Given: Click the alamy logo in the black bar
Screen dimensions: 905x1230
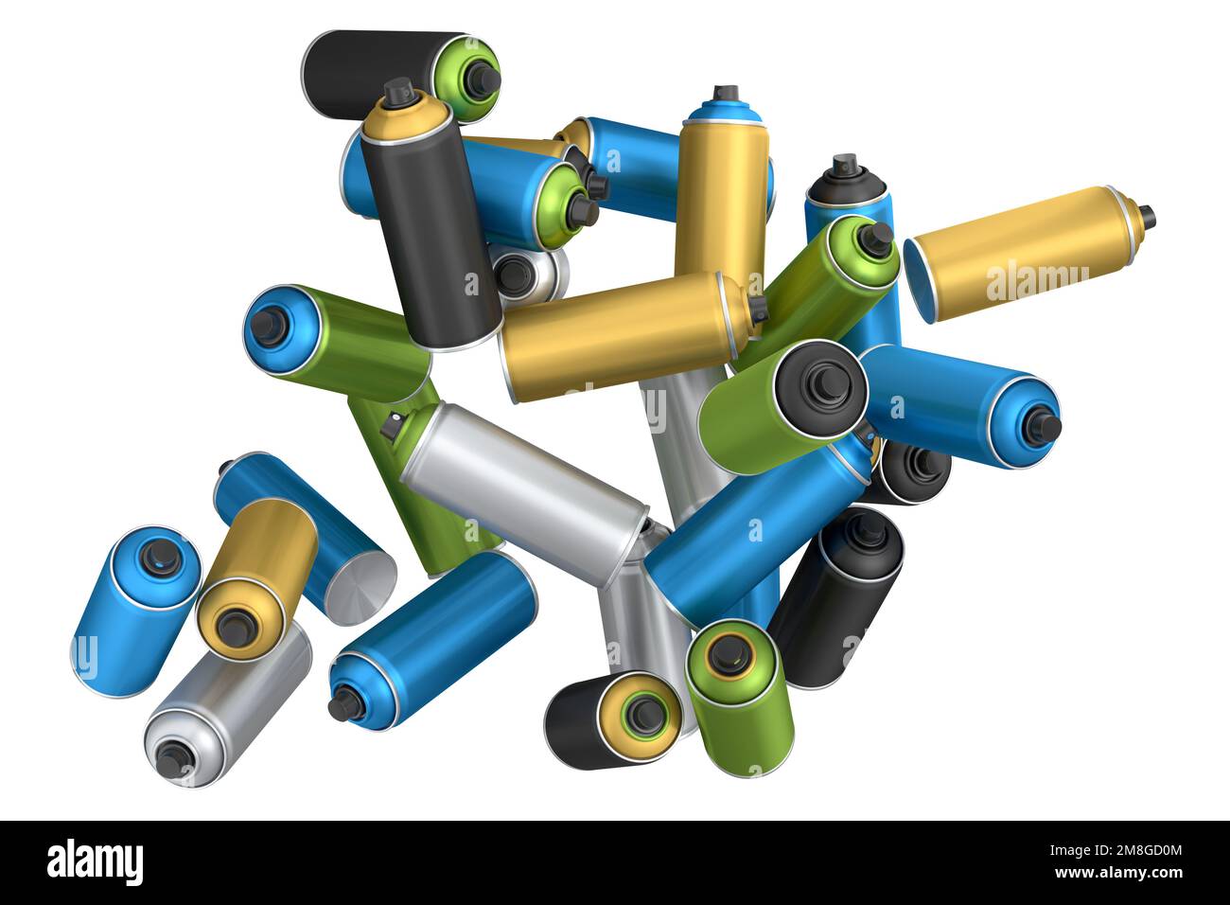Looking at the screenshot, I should [95, 861].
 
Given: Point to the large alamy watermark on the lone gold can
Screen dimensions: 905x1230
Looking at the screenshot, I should [1036, 282].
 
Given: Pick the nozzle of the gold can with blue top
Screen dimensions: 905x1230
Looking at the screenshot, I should [726, 93].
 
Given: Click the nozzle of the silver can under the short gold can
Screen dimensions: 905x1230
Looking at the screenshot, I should [174, 754].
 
